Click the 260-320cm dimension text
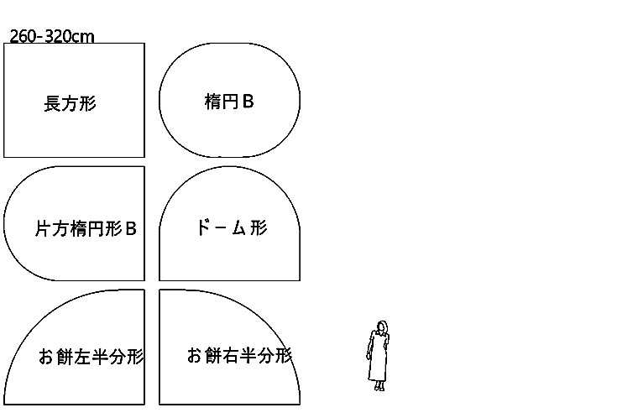(51, 36)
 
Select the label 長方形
(70, 104)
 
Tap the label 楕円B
(228, 102)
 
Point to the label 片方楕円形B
(86, 228)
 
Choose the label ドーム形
(231, 227)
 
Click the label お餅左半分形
(91, 358)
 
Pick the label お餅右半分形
(239, 355)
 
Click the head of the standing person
(382, 327)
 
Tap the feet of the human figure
(379, 387)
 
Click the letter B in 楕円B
(248, 102)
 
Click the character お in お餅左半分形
(45, 358)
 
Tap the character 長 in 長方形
(51, 104)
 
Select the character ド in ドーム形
(202, 227)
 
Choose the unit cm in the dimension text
(83, 36)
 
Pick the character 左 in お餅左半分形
(81, 358)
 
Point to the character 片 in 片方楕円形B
(43, 228)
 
